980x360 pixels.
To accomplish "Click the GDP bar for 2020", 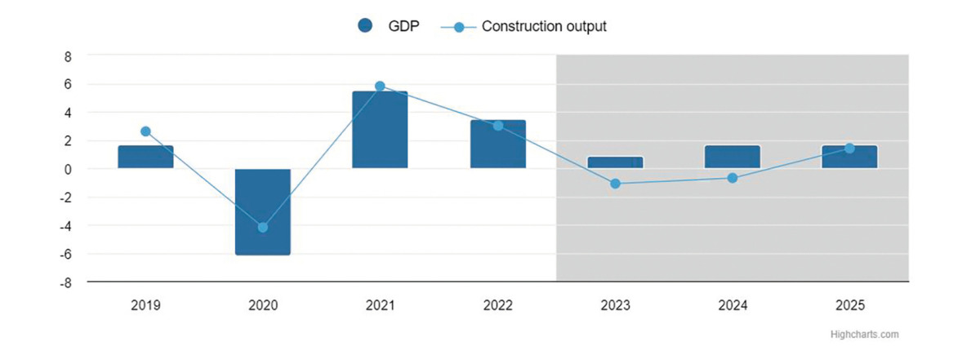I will click(x=263, y=211).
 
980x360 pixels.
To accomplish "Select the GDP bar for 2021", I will click(x=380, y=130).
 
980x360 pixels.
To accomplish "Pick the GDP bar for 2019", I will click(x=145, y=157).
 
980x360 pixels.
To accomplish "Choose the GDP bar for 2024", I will click(x=733, y=157).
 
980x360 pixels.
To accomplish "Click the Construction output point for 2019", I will click(x=145, y=131).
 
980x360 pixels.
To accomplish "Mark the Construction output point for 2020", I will click(x=263, y=227).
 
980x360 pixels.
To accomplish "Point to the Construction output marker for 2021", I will click(x=380, y=86).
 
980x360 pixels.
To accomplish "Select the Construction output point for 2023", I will click(x=615, y=184).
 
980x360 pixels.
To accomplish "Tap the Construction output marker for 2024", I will click(x=733, y=178).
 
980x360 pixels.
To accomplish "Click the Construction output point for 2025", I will click(x=850, y=149).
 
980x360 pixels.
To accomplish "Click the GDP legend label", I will click(x=403, y=26).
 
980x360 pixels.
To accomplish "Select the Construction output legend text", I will click(x=544, y=26).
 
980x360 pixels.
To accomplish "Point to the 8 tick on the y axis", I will click(x=68, y=56).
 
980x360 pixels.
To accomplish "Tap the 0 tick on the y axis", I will click(x=68, y=169).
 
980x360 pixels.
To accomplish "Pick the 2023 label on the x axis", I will click(x=615, y=306).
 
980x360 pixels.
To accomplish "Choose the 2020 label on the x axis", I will click(x=263, y=306).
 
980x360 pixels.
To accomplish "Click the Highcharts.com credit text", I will click(x=864, y=334).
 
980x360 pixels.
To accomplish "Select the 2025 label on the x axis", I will click(x=850, y=306).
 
